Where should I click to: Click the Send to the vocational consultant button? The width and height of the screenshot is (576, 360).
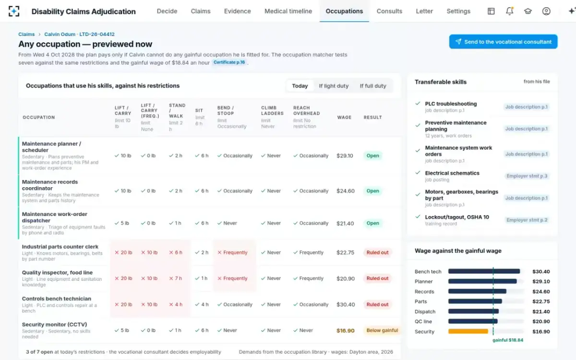point(503,42)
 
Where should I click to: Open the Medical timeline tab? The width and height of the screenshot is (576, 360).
point(288,11)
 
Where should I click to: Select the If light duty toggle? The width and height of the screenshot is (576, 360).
point(334,85)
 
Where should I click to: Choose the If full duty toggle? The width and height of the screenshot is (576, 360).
point(373,85)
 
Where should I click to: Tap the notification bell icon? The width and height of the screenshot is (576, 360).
point(509,11)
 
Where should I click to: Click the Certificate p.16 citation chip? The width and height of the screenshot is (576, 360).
point(229,62)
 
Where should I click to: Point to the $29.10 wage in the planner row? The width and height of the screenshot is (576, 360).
point(345,156)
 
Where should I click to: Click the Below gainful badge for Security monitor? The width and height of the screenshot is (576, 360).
point(382,330)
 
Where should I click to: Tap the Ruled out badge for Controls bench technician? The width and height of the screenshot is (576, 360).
point(377,304)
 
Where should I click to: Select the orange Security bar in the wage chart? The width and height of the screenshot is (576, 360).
point(468,331)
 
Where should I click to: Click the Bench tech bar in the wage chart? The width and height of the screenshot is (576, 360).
point(484,271)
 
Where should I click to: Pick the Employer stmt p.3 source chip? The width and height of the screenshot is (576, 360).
point(527,176)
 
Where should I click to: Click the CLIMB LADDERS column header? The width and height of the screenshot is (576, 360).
point(272,110)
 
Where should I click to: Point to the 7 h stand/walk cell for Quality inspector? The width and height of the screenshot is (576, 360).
point(176,278)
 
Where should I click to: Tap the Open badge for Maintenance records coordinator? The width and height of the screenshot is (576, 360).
point(372,191)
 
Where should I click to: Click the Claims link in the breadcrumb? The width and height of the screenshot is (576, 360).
point(26,34)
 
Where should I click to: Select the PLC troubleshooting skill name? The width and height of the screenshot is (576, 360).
point(451,104)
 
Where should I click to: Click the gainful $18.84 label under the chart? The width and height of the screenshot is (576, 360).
point(508,340)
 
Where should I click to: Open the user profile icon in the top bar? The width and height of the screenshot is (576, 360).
point(546,11)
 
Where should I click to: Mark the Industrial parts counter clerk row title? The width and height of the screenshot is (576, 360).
point(60,247)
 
